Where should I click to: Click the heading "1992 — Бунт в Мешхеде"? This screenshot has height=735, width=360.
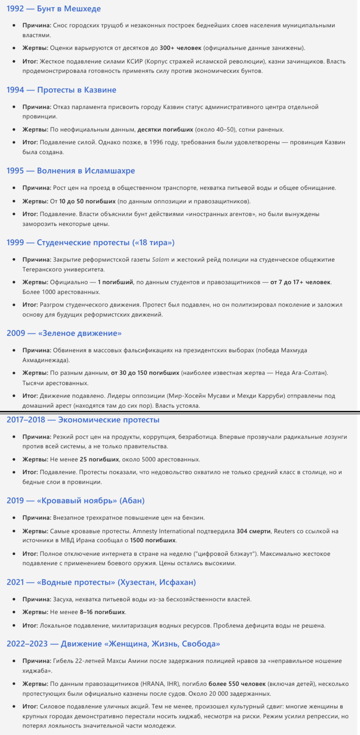pos(54,9)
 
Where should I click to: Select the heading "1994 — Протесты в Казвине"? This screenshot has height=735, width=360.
pos(61,90)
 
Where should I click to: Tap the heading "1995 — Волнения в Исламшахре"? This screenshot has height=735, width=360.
pos(71,171)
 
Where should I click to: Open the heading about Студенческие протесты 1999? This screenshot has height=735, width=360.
pos(90,243)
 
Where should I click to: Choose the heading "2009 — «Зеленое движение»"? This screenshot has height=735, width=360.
pos(64,333)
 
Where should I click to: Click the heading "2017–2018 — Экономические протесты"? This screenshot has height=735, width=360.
pos(83,420)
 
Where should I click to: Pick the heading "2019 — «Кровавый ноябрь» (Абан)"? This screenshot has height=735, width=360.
pos(76,501)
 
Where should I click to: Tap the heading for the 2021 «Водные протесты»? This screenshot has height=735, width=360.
pos(101,582)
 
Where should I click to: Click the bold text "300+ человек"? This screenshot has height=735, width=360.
pos(180,48)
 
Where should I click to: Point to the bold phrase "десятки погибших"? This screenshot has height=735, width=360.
pos(165,129)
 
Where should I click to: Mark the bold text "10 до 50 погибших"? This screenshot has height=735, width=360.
pos(87,201)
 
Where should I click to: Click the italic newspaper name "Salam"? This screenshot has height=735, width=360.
pos(160,260)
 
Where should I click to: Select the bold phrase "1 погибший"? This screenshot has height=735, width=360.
pos(115,282)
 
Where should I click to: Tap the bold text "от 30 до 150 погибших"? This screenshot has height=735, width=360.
pos(145,373)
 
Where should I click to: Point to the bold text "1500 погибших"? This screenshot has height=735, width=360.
pos(153,540)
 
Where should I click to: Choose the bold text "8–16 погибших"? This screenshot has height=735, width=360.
pos(102,612)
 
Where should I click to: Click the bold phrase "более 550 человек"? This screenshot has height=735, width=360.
pos(237,684)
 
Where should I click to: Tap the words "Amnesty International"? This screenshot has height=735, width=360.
pos(164,531)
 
